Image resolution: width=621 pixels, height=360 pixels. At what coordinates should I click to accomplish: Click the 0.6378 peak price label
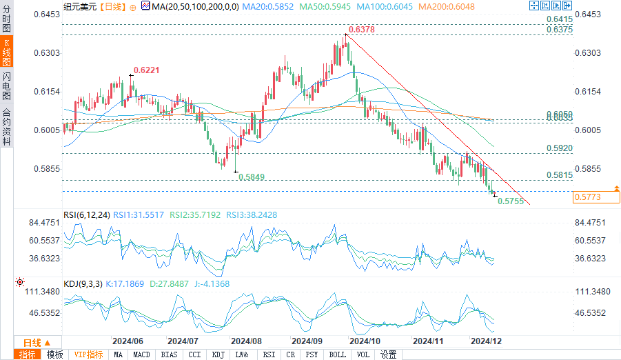click(362, 30)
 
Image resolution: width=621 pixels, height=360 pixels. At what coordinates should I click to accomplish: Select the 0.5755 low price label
click(511, 201)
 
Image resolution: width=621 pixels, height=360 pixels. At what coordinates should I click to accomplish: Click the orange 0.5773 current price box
click(587, 197)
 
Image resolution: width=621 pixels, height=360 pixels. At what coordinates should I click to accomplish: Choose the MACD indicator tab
click(142, 354)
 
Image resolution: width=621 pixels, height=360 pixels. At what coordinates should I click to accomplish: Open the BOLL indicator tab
click(338, 354)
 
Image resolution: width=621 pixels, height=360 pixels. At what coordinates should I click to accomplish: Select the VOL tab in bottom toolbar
click(363, 354)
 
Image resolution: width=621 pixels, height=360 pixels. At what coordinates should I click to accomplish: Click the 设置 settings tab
click(389, 354)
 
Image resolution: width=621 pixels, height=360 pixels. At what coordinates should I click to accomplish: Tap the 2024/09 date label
click(307, 341)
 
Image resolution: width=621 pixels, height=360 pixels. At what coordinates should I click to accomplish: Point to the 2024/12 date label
click(485, 341)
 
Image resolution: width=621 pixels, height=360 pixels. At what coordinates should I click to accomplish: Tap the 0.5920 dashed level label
click(560, 148)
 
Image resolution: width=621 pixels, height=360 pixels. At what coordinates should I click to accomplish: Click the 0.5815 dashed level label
click(559, 176)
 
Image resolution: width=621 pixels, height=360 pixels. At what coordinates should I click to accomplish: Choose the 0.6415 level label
click(560, 19)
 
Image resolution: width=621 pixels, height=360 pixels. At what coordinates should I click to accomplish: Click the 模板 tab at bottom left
click(54, 354)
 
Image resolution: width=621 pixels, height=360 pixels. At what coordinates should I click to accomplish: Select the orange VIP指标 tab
click(89, 354)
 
